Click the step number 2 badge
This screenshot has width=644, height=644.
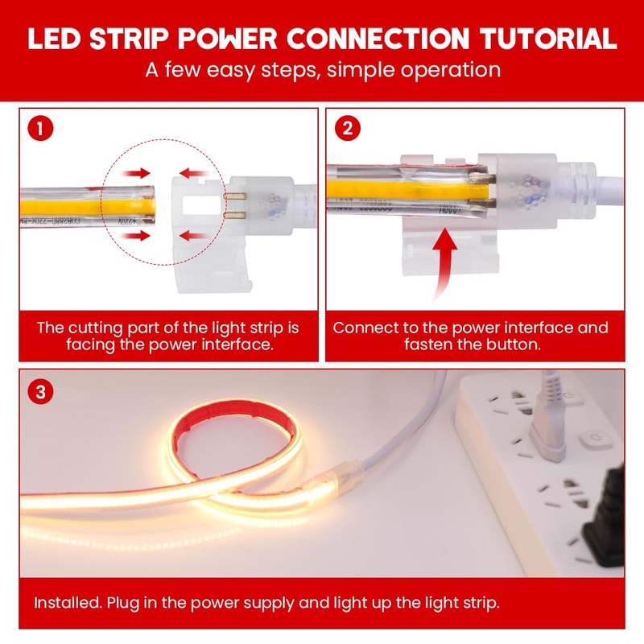tap(347, 128)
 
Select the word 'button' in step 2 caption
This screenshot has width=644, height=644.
tap(510, 345)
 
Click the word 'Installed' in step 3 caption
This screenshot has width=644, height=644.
tap(64, 602)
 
